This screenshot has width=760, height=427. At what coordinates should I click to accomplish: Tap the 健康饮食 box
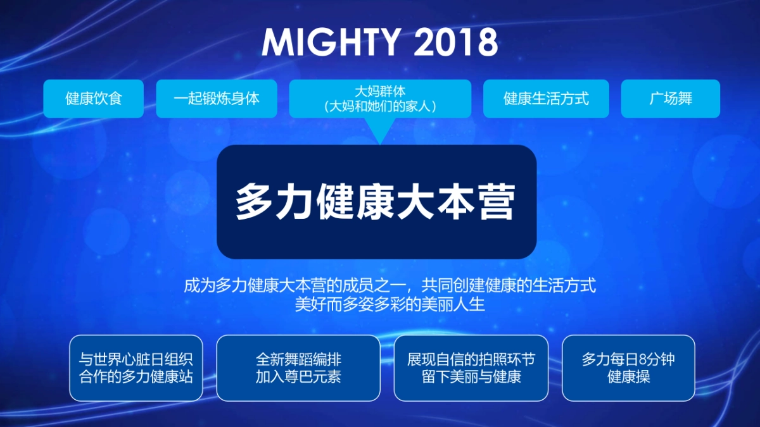pos(93,99)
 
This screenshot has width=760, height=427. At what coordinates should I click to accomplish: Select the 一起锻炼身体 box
pos(217,99)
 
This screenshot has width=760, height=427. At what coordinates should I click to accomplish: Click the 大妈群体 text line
pos(380,91)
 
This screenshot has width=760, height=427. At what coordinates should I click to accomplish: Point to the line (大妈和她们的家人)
pos(380,106)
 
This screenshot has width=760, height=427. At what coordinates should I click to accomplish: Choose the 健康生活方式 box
pos(546,99)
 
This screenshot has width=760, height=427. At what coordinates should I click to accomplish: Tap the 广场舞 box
pos(670,99)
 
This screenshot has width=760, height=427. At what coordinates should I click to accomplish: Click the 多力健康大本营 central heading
pos(376,201)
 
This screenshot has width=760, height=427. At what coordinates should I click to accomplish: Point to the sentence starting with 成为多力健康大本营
pos(389,285)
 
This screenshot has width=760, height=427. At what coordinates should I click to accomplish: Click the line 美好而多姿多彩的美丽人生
pos(389,304)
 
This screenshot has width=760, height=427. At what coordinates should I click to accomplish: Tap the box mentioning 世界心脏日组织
pos(136,368)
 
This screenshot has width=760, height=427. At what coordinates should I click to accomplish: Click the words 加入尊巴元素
pos(298,377)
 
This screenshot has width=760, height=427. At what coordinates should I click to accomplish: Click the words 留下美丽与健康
pos(471,377)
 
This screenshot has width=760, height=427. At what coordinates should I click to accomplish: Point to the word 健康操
pos(628,377)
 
